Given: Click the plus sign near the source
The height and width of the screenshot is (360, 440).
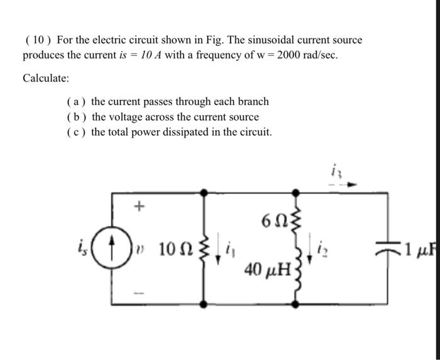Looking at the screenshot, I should coord(140,205).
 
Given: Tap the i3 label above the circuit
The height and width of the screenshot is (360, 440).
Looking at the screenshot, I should coord(334,170).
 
